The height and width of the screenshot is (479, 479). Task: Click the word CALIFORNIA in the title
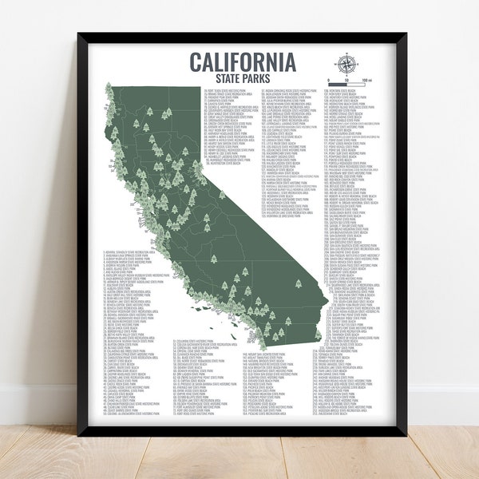(x=241, y=61)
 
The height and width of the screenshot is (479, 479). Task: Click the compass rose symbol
(x=349, y=65)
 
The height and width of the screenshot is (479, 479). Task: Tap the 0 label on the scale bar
(x=328, y=81)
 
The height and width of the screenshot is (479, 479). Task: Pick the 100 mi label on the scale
(x=366, y=81)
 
